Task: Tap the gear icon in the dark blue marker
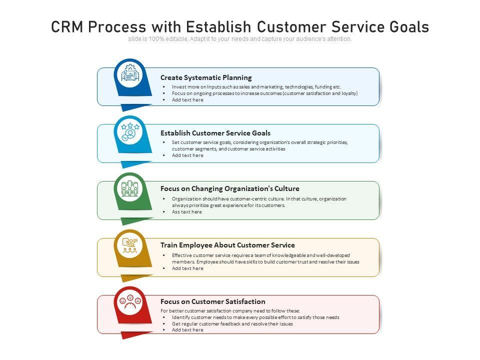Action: (x=129, y=75)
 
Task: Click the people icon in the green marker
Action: (x=129, y=189)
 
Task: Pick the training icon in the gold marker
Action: (x=129, y=245)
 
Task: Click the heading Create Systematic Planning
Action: (x=206, y=77)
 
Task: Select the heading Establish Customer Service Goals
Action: (x=215, y=133)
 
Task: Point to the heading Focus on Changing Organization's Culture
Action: (x=230, y=188)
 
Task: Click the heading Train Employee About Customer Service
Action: (x=227, y=245)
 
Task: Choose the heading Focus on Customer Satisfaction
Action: (x=213, y=301)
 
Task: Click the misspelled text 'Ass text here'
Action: (x=187, y=211)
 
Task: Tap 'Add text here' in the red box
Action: (x=187, y=330)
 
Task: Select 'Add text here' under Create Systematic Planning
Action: (x=187, y=100)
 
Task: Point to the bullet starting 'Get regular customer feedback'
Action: (x=232, y=323)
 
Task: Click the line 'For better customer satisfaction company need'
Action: (x=230, y=311)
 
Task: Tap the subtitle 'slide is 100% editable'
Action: (x=239, y=39)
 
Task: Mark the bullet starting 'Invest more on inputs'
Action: (x=256, y=86)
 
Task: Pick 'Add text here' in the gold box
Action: (x=187, y=268)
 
